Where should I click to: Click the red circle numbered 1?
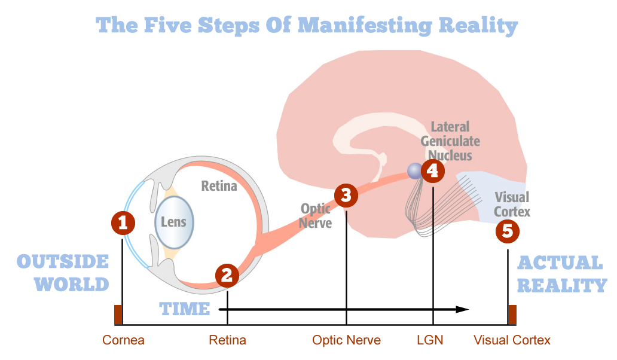[123, 223]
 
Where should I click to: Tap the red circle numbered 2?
[227, 275]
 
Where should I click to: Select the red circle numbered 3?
[346, 195]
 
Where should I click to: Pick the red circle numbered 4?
[433, 171]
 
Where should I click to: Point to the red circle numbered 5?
[508, 231]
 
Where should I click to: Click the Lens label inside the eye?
[173, 222]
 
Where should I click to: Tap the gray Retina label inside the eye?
[219, 186]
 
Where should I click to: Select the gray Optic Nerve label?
[316, 215]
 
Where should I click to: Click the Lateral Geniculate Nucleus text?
[450, 141]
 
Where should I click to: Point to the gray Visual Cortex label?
[512, 204]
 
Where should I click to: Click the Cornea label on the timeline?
[123, 340]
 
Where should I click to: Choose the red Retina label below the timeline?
[227, 340]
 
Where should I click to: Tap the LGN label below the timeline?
[430, 340]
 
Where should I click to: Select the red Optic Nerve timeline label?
[346, 340]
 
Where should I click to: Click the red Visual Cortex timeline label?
[512, 340]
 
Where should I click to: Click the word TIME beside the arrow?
[185, 309]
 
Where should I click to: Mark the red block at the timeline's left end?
[118, 315]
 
